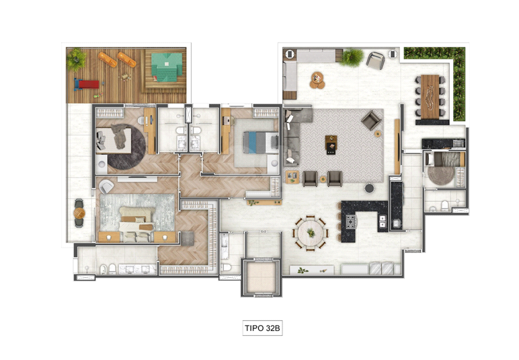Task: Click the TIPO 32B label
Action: [262, 328]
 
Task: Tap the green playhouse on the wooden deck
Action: [167, 67]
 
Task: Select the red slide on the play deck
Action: [87, 85]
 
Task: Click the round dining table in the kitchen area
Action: [311, 233]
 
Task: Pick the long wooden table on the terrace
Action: [430, 96]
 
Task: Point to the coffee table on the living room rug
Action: [331, 145]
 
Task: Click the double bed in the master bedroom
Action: [136, 224]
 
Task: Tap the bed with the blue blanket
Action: [260, 142]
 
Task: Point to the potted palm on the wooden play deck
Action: [76, 60]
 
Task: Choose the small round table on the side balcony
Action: [79, 213]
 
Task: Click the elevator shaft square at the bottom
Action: [261, 277]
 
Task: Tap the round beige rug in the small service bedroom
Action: [441, 175]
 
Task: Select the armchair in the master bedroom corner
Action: [106, 187]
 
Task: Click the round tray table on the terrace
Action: [317, 80]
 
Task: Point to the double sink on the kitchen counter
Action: [383, 221]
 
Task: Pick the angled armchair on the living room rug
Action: [371, 120]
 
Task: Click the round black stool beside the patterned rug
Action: [369, 188]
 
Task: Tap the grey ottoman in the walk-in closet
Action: [188, 238]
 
